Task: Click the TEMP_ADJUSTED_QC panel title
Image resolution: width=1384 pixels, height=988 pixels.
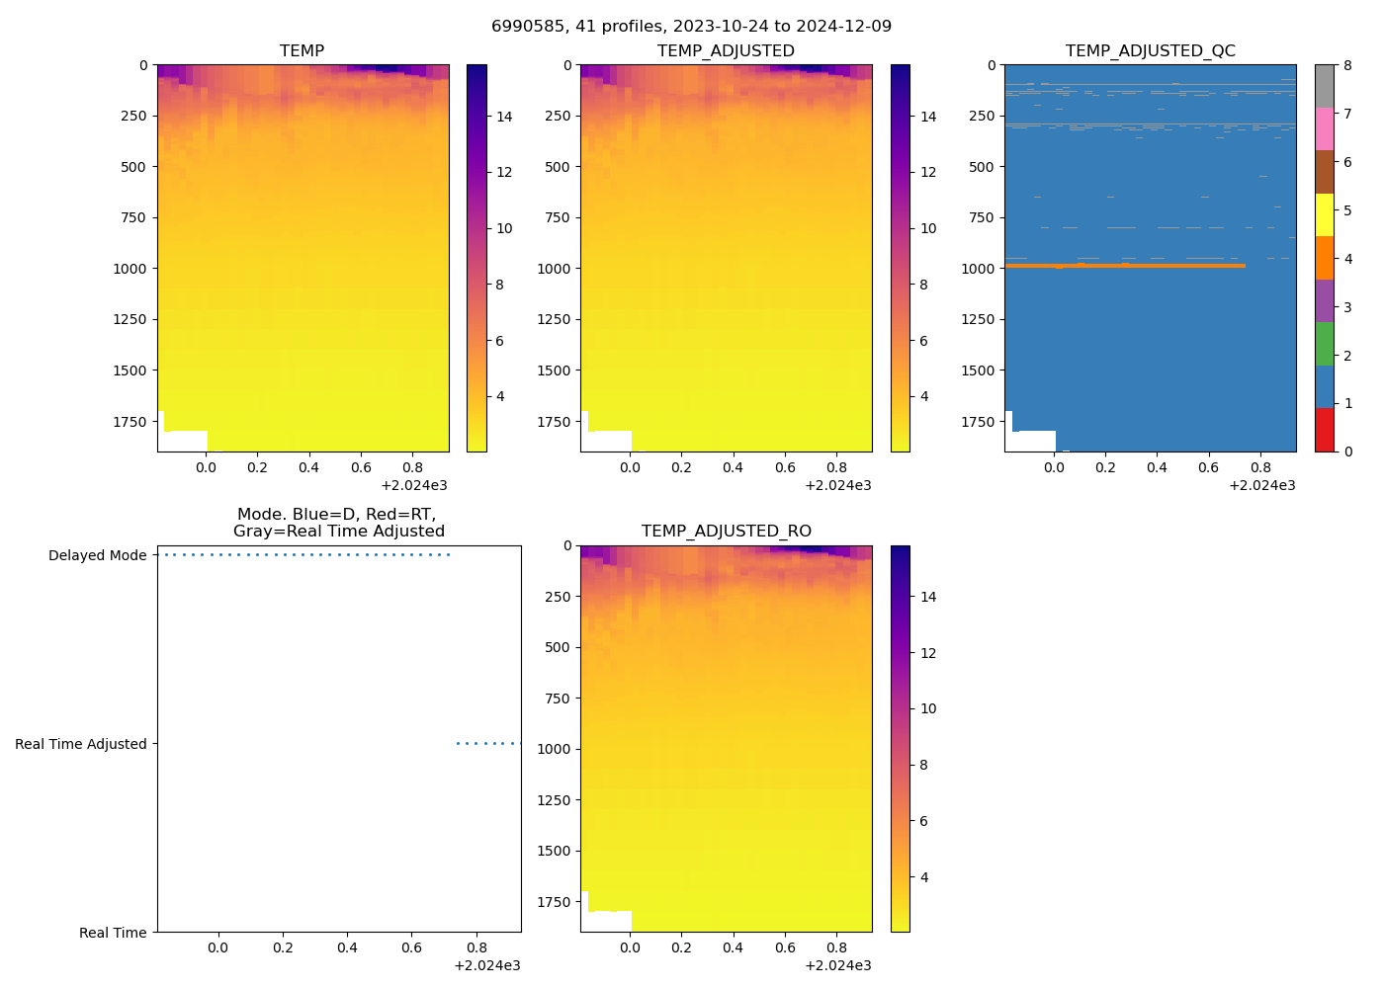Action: tap(1150, 50)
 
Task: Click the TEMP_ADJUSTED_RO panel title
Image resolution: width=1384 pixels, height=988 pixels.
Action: tap(726, 531)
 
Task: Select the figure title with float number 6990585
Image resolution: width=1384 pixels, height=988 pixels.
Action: tap(691, 26)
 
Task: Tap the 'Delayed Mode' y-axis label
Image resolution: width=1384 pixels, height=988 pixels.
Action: tap(97, 555)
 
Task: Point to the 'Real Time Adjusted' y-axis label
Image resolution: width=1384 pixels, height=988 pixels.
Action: tap(80, 744)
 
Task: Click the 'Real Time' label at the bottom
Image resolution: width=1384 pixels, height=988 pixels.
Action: tap(113, 933)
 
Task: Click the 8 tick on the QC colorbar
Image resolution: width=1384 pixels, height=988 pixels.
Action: tap(1347, 65)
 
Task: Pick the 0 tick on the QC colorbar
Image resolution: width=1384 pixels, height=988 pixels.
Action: tap(1347, 452)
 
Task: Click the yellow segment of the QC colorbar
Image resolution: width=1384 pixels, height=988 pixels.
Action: tap(1324, 214)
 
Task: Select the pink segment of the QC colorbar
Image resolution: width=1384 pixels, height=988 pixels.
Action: tap(1324, 128)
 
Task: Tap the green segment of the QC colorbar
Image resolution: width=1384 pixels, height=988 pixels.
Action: tap(1324, 344)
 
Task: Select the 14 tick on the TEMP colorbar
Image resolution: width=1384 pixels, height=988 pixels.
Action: tap(504, 117)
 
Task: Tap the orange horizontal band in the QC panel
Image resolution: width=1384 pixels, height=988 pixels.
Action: tap(1124, 266)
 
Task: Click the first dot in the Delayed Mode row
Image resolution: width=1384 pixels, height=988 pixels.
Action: tap(165, 555)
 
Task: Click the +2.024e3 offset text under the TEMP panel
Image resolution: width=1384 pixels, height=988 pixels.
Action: tap(414, 485)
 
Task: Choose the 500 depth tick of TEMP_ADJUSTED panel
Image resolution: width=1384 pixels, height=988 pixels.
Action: tap(557, 167)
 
